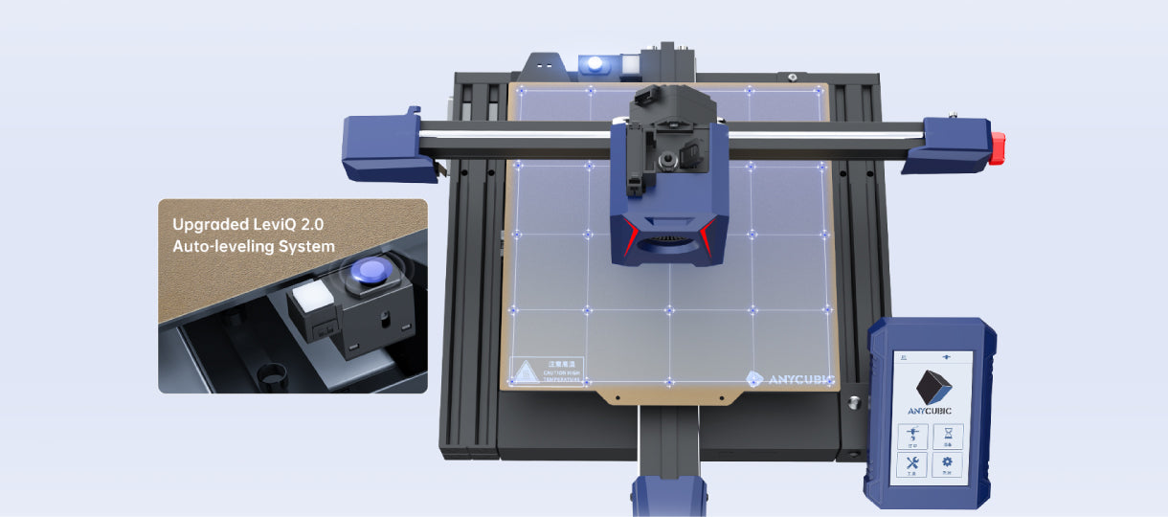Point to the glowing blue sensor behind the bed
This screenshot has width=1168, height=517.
coord(595,65)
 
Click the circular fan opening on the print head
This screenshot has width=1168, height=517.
coord(669,245)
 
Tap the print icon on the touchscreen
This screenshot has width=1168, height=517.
coord(913,433)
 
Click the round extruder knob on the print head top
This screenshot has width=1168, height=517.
coord(689,153)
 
